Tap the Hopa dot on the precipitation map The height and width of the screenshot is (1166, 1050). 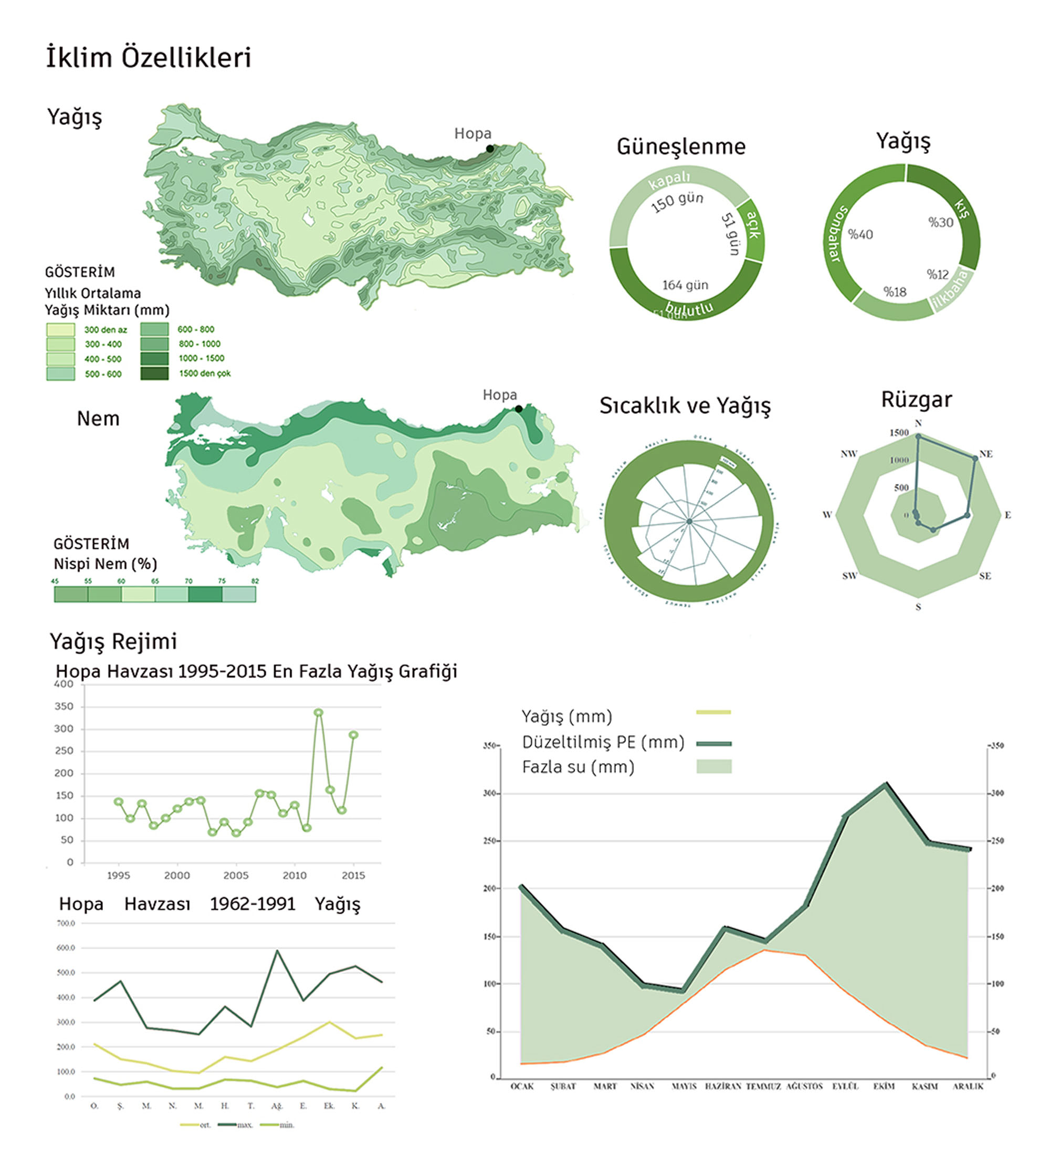tap(490, 149)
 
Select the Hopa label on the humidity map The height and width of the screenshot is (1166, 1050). tap(500, 395)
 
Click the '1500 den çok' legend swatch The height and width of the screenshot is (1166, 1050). tap(155, 373)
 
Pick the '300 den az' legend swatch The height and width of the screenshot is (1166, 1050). tap(60, 330)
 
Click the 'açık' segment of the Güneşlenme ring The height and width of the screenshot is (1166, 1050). tap(753, 229)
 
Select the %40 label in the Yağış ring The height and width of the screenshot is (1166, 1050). tap(860, 234)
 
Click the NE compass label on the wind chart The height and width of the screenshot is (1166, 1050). tap(986, 454)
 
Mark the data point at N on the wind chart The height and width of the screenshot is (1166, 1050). tap(918, 436)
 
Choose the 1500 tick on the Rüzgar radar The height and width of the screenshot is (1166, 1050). tap(899, 432)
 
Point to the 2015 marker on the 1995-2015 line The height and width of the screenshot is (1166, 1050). tap(354, 735)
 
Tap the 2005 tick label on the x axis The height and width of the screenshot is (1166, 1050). tap(236, 876)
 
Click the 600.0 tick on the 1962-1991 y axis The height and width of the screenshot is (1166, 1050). tap(66, 948)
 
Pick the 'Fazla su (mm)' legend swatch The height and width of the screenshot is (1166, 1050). tap(713, 766)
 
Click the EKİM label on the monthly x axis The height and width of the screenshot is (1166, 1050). tap(884, 1086)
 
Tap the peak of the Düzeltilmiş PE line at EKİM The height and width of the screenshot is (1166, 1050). tap(886, 785)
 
